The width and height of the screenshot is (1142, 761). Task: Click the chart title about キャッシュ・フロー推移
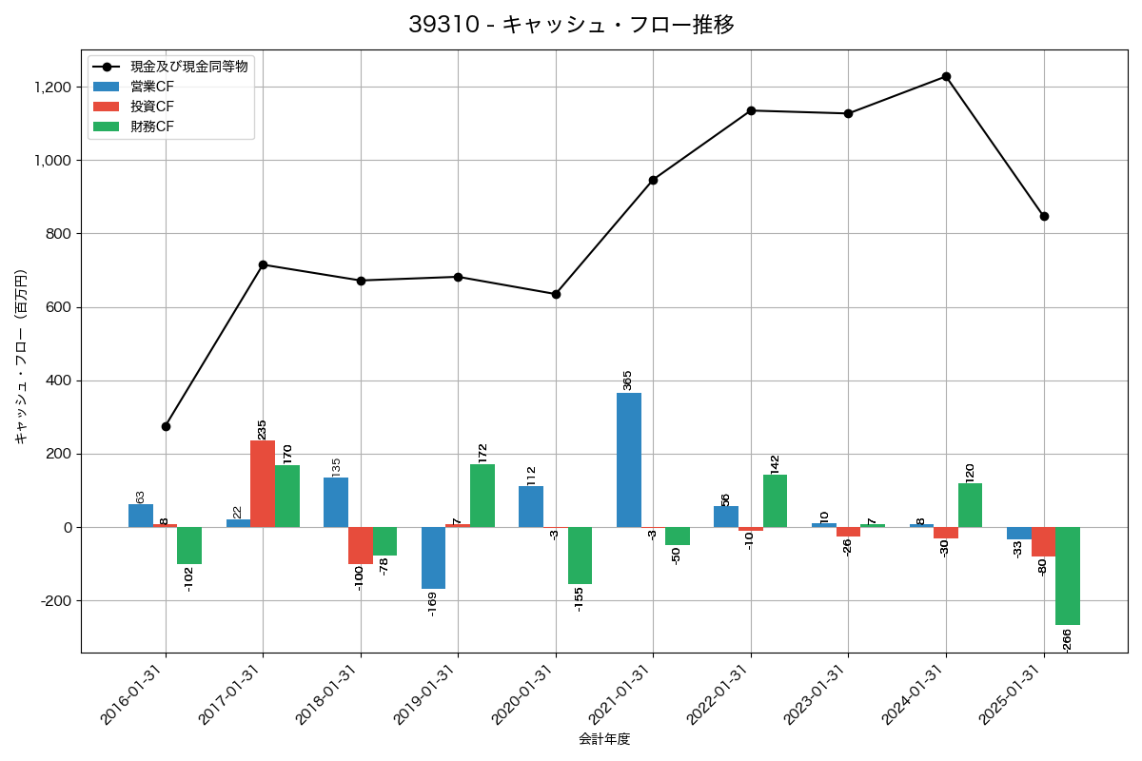[x=571, y=25]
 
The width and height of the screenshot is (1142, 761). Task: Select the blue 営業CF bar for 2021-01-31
[x=628, y=459]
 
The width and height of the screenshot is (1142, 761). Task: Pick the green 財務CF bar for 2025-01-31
[x=1068, y=576]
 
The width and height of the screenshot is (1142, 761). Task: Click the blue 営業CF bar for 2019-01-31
[x=433, y=557]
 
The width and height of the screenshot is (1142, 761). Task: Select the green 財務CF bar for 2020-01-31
[x=580, y=556]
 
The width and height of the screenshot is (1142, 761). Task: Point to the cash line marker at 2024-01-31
[x=946, y=76]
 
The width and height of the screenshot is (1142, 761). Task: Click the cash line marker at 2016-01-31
[x=166, y=426]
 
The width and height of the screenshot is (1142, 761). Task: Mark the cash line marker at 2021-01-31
[x=653, y=180]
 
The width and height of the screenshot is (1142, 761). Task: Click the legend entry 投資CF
[x=152, y=106]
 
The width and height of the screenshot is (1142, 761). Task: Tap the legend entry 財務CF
[x=152, y=126]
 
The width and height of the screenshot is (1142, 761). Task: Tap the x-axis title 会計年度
[x=604, y=739]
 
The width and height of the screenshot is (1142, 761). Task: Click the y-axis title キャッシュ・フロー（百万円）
[x=21, y=357]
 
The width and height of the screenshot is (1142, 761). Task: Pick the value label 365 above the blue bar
[x=627, y=380]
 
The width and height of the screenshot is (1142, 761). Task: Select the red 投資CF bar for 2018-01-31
[x=360, y=545]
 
